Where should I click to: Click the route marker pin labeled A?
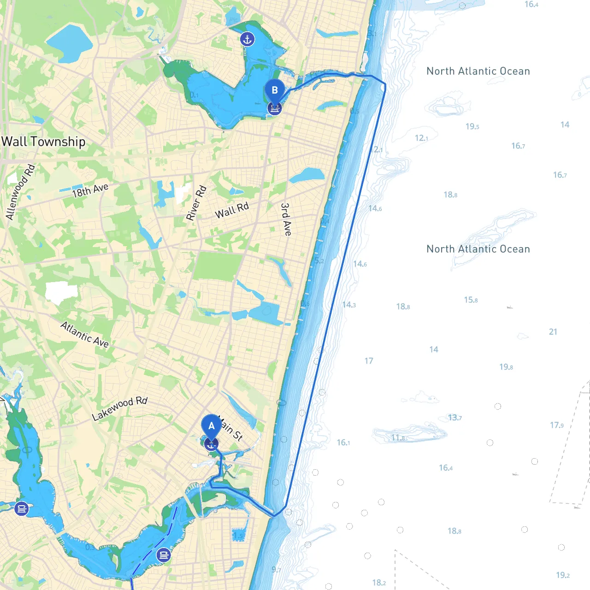coord(211,425)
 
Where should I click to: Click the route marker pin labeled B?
coord(275,90)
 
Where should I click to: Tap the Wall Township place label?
coord(43,142)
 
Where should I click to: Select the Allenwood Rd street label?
coord(20,192)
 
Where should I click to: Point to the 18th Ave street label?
coord(90,190)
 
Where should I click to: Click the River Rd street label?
coord(196,203)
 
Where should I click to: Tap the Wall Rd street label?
coord(232,210)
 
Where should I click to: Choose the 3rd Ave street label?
coord(286,219)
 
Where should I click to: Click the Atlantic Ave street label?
coord(85,334)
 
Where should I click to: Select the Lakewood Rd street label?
coord(120,408)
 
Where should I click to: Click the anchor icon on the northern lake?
coord(248,39)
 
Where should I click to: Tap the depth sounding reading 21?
coord(553,332)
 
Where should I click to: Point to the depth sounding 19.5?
coord(472,126)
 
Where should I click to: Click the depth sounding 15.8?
coord(471,300)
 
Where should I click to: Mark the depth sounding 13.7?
coord(454,418)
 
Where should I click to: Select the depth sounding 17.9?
coord(556,425)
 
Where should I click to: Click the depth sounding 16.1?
coord(343,442)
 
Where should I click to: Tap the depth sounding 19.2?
coord(563,575)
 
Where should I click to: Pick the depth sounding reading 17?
coord(369,361)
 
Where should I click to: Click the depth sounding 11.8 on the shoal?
coord(398,437)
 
